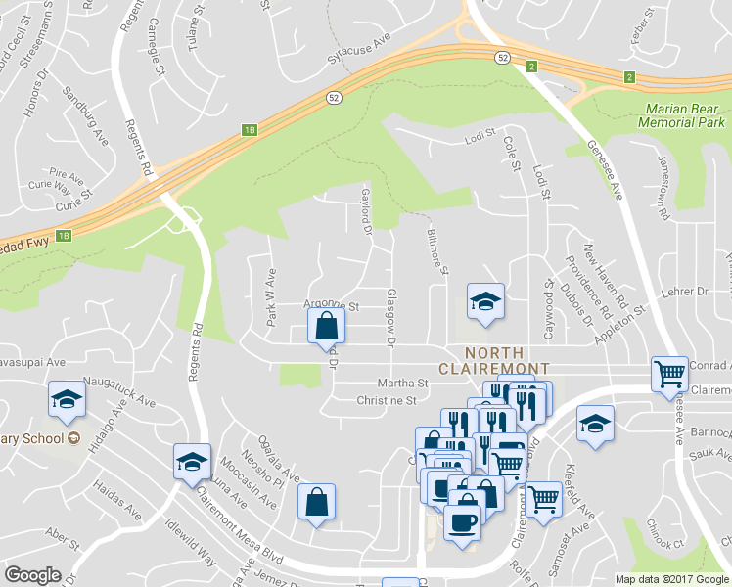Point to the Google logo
coord(32,575)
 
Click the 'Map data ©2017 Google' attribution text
coord(671,579)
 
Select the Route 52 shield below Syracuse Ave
coord(334,98)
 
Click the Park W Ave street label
coord(271,285)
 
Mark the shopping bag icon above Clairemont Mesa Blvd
coord(316,503)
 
